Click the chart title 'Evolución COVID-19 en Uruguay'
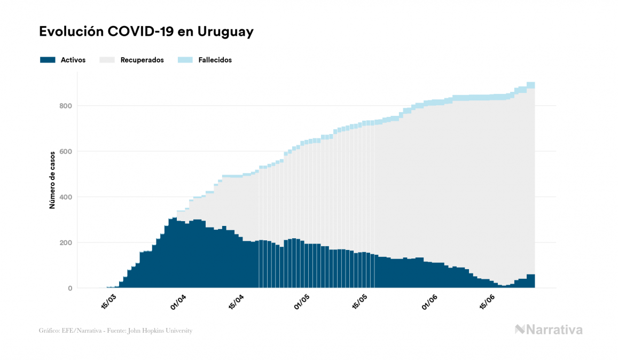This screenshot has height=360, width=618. point(146,32)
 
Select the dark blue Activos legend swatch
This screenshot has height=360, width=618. point(48,60)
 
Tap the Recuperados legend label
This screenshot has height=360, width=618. point(142,60)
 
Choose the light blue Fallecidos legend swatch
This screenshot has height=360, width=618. point(185,60)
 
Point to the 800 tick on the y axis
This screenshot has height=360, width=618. point(66,106)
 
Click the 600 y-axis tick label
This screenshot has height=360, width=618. point(66,152)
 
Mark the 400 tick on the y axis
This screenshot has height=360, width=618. point(66,197)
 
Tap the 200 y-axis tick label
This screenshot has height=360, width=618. point(66,243)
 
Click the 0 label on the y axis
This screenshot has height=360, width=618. point(69,288)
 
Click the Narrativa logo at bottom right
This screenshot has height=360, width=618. point(549,330)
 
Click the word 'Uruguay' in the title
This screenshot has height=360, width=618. point(225,32)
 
